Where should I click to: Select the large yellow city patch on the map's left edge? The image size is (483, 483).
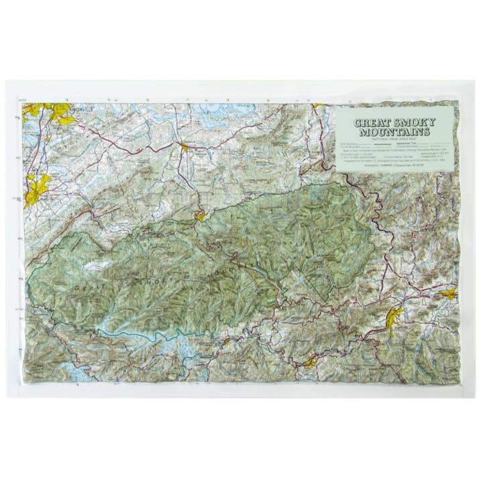pyautogui.click(x=38, y=189)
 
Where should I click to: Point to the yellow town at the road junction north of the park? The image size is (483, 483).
pyautogui.click(x=184, y=146)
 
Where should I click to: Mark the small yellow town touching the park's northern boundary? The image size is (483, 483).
pyautogui.click(x=200, y=216)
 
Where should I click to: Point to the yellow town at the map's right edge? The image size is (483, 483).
pyautogui.click(x=448, y=293)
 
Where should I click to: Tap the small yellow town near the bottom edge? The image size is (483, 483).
pyautogui.click(x=310, y=362)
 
